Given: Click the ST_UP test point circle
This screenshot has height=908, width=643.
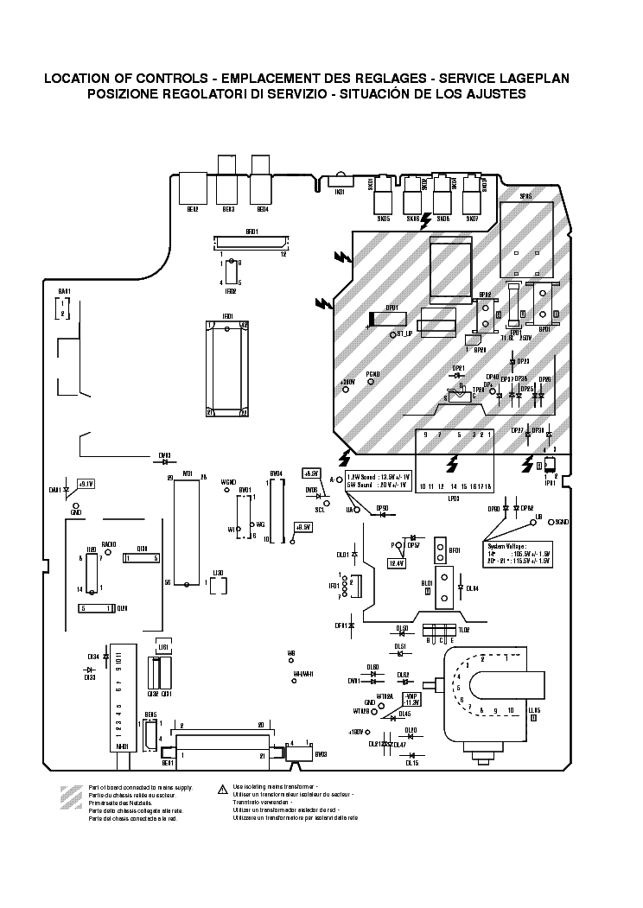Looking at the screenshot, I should [392, 333].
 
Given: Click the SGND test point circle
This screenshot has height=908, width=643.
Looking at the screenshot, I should [551, 522].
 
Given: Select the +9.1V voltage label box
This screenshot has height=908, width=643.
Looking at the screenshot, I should [86, 484].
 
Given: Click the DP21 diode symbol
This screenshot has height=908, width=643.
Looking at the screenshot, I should [459, 377].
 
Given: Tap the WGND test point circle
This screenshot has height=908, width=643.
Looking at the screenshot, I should [228, 490].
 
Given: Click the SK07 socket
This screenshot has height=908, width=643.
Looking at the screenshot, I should [472, 200].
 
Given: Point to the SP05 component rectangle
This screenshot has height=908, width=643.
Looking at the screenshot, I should [525, 227].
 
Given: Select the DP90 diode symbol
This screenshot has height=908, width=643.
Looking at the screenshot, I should [380, 515].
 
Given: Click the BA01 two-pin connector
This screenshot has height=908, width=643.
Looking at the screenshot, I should [63, 308].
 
